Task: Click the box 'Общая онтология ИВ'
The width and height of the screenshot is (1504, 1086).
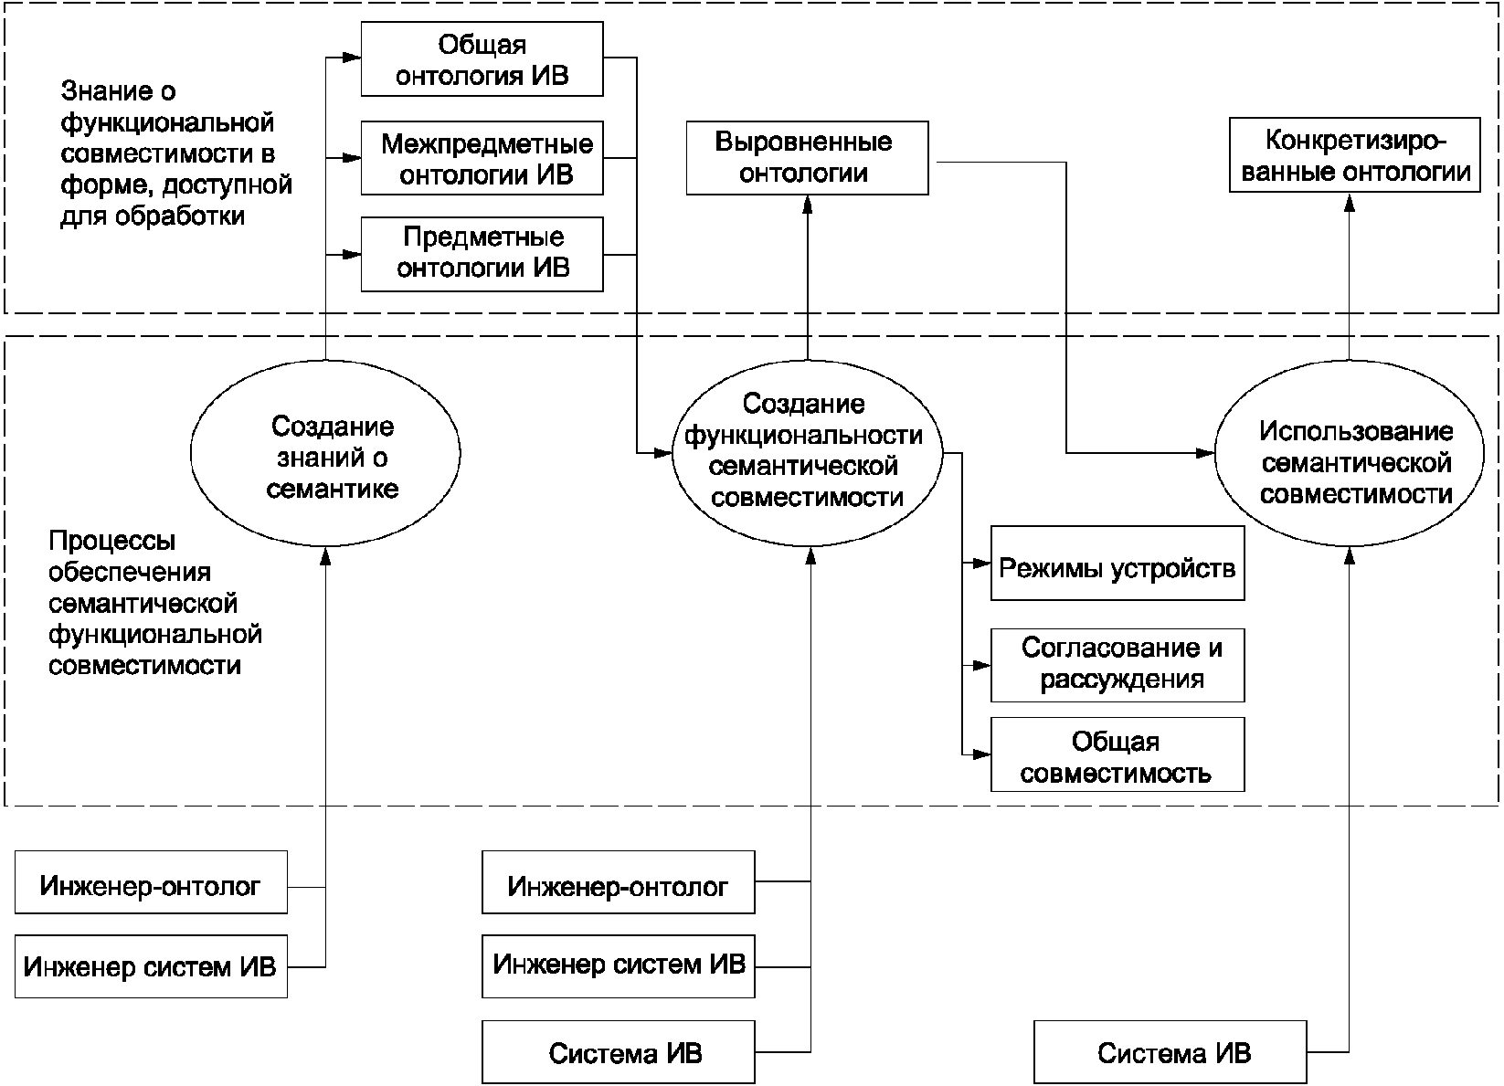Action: (482, 59)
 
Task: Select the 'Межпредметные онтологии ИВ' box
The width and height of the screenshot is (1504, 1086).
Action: (482, 158)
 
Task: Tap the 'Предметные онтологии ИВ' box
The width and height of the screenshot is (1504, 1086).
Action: (482, 255)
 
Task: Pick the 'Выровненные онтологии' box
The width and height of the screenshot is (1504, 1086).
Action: (807, 158)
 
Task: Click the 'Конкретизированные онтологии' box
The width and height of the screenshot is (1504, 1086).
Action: (1355, 155)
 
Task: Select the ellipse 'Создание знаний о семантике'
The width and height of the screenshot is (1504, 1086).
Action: (325, 454)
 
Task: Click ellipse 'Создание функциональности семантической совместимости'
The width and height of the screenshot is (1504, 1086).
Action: (807, 454)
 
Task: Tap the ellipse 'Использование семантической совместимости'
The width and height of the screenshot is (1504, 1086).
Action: (1350, 454)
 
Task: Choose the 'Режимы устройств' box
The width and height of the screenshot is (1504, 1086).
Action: (1117, 564)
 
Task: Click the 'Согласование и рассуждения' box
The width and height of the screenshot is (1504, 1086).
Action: (1117, 665)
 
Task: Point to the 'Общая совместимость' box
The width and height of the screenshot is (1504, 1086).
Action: (1117, 754)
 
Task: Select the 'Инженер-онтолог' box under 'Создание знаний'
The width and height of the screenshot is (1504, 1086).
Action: (151, 882)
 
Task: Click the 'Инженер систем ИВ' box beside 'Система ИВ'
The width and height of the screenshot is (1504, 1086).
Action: (619, 965)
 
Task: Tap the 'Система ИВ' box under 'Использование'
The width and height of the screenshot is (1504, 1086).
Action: (1170, 1052)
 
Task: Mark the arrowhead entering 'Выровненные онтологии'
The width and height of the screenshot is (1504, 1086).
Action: (808, 204)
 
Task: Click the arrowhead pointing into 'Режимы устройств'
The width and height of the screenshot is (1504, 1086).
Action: (982, 564)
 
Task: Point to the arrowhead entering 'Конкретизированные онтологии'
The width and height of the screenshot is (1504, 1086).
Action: (1350, 201)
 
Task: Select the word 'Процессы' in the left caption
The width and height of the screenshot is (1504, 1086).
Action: (112, 541)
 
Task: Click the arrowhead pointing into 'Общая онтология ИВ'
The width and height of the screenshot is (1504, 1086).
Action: (352, 58)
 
